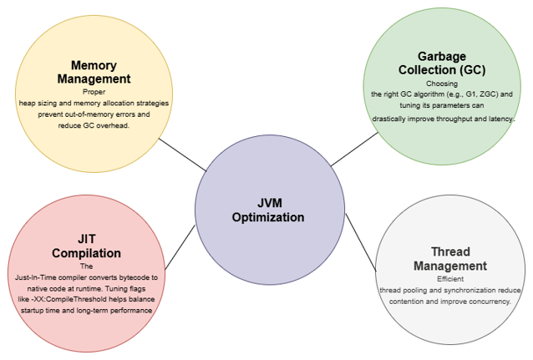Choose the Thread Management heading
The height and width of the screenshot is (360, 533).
(x=449, y=259)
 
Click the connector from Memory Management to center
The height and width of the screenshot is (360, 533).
(x=183, y=155)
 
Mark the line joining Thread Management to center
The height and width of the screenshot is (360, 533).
(x=362, y=241)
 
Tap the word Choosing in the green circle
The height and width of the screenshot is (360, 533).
(x=442, y=84)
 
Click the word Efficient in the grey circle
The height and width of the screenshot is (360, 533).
(x=449, y=279)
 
